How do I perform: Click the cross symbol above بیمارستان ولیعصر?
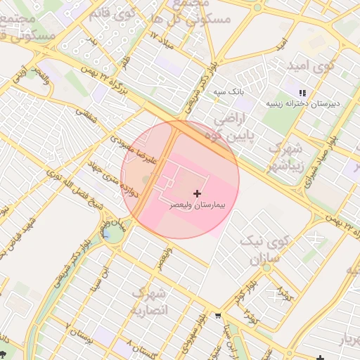click(x=196, y=193)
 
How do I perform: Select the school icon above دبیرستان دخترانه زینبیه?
click(x=303, y=93)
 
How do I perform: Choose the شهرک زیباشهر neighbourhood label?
click(x=285, y=157)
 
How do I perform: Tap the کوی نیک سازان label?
click(x=260, y=250)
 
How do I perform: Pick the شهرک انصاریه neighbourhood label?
click(x=150, y=301)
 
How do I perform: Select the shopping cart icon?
click(x=219, y=315)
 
